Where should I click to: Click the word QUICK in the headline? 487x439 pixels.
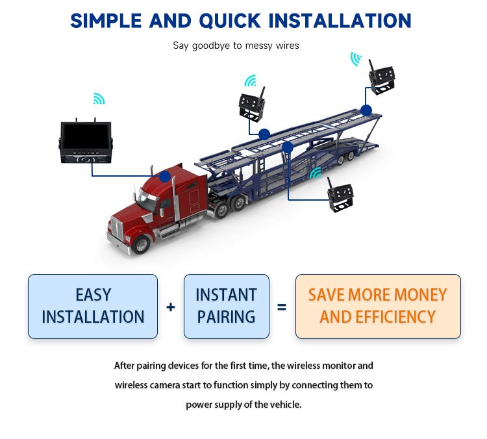point(229,21)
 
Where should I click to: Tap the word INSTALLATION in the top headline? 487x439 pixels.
point(340,21)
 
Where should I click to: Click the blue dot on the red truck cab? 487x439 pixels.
point(165,176)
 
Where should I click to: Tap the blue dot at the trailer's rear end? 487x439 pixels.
point(366,110)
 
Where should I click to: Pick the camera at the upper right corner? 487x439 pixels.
point(381,79)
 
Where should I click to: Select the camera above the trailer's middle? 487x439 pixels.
point(252,104)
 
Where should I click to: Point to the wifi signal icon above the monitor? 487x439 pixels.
point(99,99)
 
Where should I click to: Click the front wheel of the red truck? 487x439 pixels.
point(142,245)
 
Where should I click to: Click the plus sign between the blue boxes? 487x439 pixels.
point(171,307)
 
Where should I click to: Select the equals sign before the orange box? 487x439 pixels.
point(282,307)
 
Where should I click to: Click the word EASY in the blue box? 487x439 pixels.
point(93,295)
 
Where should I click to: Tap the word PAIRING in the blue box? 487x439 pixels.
point(226,317)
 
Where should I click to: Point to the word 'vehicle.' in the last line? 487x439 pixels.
point(286,405)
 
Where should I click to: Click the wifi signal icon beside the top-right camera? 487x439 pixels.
point(356,59)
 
